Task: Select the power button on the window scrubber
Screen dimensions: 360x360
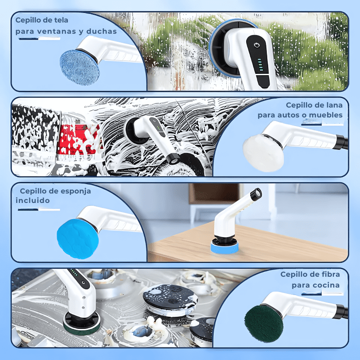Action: [256, 46]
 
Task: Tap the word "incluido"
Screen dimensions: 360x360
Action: [33, 200]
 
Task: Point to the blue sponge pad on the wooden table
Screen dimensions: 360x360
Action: [225, 248]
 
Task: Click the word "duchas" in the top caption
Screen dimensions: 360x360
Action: [102, 31]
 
